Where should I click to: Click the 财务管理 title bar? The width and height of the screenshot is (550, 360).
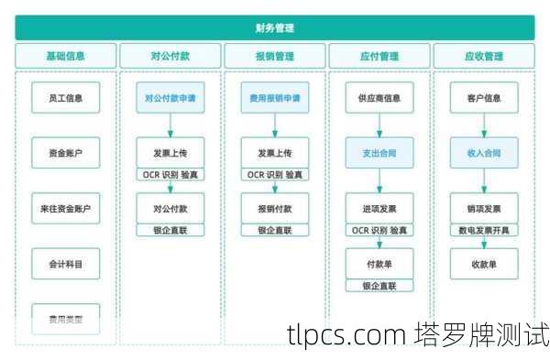(x=274, y=28)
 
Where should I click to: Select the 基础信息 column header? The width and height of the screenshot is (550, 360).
(x=65, y=56)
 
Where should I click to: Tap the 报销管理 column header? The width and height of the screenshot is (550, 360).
(x=274, y=56)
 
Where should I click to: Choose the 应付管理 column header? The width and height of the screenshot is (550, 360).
(x=379, y=56)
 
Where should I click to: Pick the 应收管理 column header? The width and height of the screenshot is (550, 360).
(x=483, y=56)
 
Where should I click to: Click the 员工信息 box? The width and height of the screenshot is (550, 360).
(x=65, y=97)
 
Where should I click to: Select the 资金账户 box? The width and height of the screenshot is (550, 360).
(x=65, y=153)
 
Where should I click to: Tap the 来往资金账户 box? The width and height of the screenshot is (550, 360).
(x=65, y=209)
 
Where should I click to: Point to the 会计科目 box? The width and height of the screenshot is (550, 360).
(x=65, y=264)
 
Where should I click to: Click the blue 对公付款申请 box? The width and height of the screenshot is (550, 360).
(x=170, y=97)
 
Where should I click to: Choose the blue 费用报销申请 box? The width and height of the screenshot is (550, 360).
(x=274, y=97)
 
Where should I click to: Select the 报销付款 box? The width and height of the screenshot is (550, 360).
(x=274, y=209)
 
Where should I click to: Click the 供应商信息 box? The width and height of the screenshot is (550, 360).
(x=379, y=97)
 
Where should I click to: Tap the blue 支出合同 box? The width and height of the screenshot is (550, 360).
(x=379, y=153)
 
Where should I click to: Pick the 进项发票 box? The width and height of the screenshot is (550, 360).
(x=379, y=209)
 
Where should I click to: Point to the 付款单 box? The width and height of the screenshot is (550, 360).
(x=379, y=264)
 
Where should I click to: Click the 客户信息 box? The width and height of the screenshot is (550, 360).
(x=483, y=97)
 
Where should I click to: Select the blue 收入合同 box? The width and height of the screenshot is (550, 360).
(x=483, y=153)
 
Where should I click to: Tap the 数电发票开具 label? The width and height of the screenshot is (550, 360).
(x=483, y=231)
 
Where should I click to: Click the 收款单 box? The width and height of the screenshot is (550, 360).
(x=483, y=264)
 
